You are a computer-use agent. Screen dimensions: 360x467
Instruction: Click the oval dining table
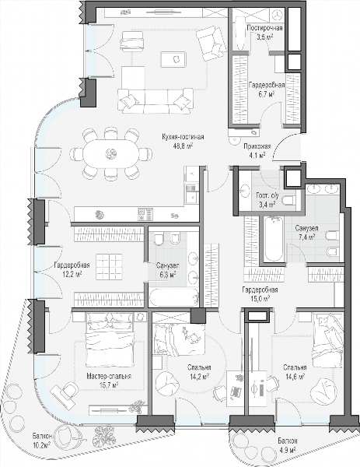111,154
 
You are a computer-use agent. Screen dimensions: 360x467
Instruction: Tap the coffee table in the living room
173,59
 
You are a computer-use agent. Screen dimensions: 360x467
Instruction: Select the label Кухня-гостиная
183,137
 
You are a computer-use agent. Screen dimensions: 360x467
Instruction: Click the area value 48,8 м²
183,146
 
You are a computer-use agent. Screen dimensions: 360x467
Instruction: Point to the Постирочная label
265,28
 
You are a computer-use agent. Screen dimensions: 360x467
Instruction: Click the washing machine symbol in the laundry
277,15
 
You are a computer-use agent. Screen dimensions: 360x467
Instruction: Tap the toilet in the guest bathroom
288,201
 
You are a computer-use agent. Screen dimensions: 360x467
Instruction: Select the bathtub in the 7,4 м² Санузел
274,239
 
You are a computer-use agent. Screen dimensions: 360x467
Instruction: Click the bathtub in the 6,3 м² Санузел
173,297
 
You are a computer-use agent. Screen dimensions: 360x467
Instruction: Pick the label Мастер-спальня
109,377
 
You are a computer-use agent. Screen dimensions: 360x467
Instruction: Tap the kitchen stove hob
145,214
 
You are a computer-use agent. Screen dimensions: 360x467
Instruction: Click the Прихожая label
257,146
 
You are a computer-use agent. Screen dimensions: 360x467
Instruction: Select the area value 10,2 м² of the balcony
41,445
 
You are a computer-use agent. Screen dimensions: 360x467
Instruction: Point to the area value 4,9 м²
287,450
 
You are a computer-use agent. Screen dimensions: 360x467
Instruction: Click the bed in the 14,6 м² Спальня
328,340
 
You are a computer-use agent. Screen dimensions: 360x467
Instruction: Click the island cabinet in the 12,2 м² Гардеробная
109,266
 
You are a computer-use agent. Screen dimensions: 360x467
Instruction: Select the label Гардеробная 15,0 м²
260,294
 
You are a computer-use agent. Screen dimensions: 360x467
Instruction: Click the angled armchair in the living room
212,43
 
